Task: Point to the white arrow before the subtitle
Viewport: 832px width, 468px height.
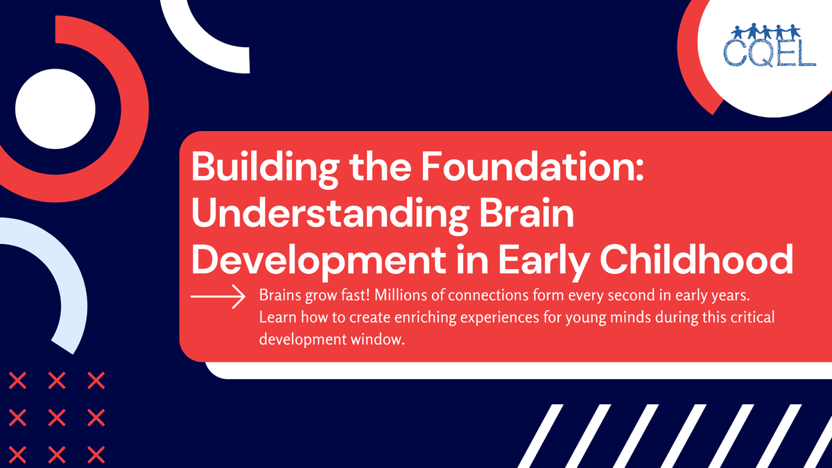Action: [218, 297]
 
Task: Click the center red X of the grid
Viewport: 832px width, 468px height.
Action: [58, 417]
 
